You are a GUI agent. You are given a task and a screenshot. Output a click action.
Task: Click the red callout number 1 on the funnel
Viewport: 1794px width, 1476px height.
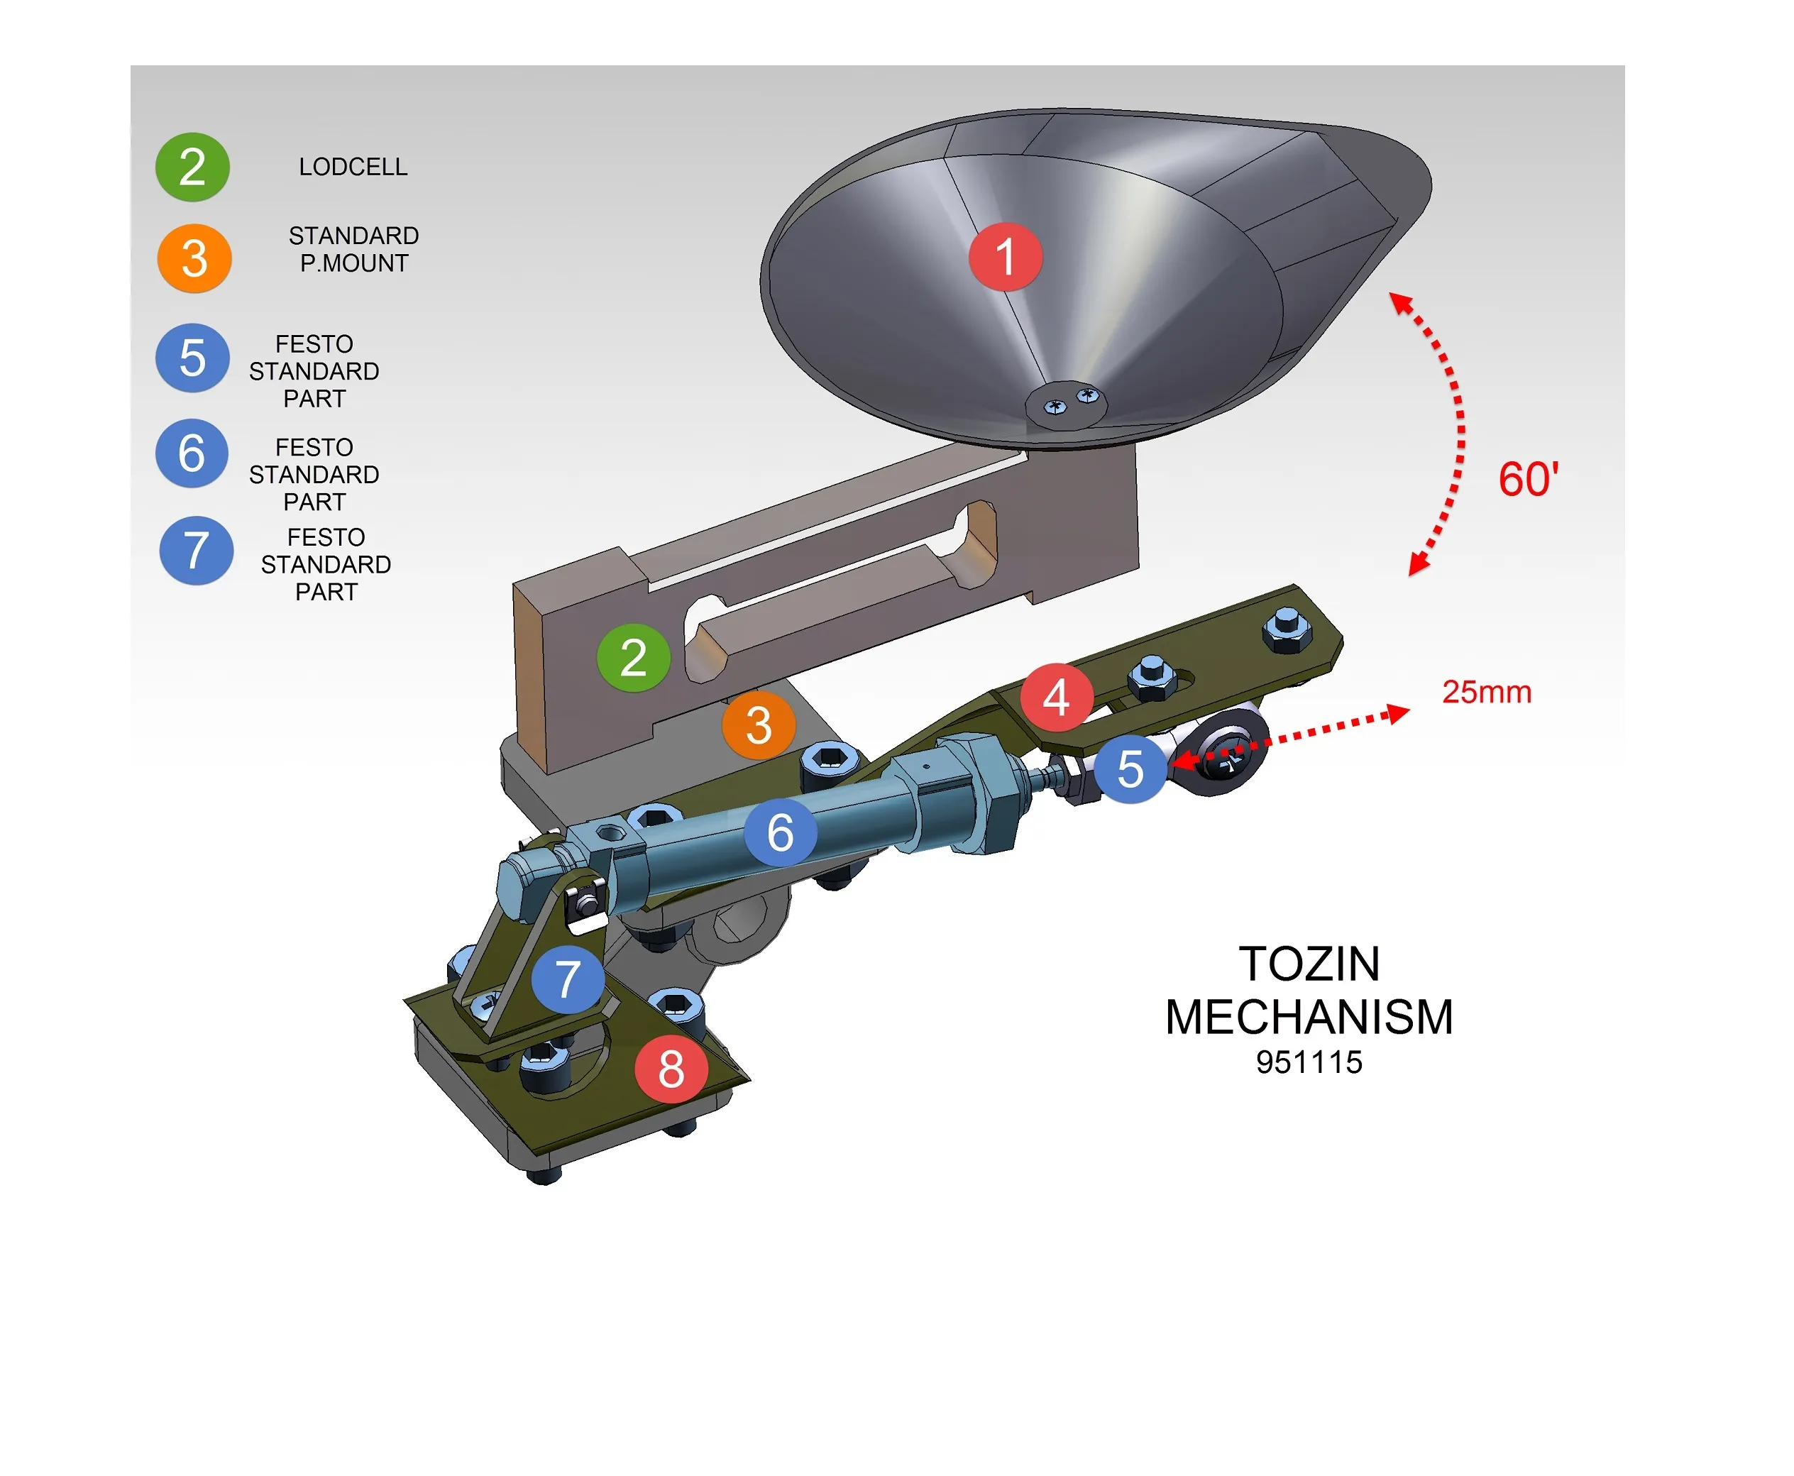tap(1005, 257)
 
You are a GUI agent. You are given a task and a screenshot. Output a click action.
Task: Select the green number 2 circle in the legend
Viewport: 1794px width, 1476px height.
tap(192, 167)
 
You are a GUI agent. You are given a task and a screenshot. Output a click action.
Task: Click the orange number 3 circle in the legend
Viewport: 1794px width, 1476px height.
tap(194, 258)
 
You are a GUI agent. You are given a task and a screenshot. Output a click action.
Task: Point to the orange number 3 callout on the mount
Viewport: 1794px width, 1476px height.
tap(759, 725)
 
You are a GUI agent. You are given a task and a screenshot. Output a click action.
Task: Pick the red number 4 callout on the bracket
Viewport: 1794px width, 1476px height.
tap(1056, 697)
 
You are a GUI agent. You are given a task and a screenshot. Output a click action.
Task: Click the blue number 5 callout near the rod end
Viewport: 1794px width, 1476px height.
tap(1130, 768)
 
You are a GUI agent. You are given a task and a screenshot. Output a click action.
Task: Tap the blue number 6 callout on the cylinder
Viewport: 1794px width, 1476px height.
tap(780, 832)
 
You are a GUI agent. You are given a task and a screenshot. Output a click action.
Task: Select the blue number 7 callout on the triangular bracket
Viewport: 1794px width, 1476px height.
tap(567, 979)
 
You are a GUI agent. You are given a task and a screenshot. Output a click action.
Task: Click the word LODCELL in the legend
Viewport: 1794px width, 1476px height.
tap(353, 167)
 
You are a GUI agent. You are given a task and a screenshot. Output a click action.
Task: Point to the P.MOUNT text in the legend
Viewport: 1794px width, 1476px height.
tap(353, 263)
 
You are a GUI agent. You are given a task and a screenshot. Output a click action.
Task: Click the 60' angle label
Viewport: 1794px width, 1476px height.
tap(1528, 480)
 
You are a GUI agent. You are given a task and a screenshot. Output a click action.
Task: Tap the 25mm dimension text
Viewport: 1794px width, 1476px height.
tap(1486, 692)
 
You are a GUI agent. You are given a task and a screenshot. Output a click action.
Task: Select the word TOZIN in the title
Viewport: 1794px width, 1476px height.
tap(1309, 964)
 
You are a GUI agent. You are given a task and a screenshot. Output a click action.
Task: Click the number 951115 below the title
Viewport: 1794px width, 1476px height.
tap(1309, 1062)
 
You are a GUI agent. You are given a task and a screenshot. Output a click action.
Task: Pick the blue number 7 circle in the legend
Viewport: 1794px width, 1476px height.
tap(196, 550)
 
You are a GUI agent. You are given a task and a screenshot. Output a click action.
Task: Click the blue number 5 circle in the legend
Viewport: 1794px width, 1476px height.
tap(192, 357)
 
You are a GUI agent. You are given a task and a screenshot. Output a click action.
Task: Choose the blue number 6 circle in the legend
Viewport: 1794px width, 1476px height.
tap(192, 453)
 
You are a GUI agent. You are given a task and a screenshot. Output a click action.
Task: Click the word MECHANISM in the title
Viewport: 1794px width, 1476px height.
tap(1309, 1017)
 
